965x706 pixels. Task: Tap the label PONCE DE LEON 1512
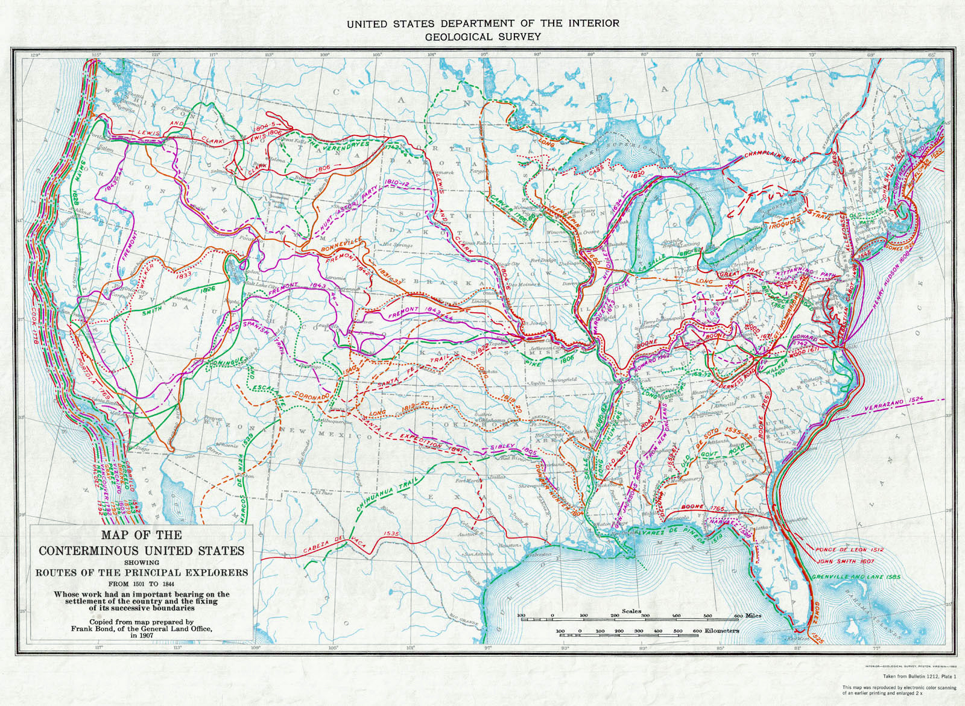(x=841, y=550)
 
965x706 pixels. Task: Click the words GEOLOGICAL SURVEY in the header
(x=482, y=37)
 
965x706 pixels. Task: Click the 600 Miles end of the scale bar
(x=747, y=616)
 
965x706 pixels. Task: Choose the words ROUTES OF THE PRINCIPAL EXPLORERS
(x=142, y=572)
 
